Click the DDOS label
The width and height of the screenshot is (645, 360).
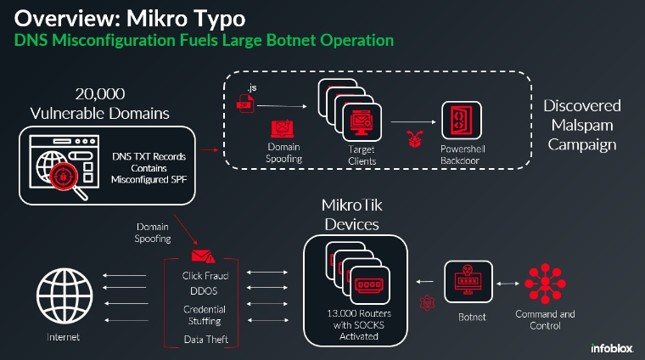click(203, 291)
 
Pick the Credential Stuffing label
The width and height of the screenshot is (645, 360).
click(202, 316)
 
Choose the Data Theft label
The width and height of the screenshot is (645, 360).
click(203, 340)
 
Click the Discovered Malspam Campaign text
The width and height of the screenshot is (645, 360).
click(582, 125)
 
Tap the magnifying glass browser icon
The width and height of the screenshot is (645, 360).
click(62, 167)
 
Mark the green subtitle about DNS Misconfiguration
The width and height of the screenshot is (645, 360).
click(204, 40)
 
